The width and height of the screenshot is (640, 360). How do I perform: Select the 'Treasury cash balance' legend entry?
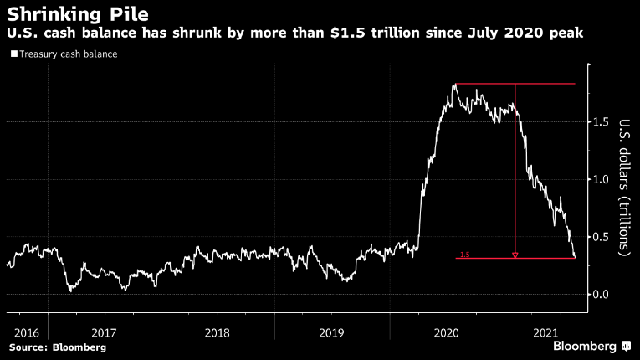click(x=68, y=54)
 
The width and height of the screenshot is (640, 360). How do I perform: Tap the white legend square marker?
click(x=13, y=54)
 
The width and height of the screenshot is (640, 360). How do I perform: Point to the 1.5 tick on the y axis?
click(x=602, y=122)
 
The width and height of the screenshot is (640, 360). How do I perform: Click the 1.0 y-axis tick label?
click(x=602, y=179)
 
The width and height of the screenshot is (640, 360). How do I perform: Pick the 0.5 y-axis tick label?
click(x=602, y=237)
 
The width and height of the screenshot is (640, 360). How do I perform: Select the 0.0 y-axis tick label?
click(x=602, y=294)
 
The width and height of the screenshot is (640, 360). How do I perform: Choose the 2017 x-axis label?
click(x=104, y=332)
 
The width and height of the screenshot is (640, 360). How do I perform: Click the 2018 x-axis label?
click(x=218, y=332)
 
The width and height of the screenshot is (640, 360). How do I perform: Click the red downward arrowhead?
click(x=515, y=255)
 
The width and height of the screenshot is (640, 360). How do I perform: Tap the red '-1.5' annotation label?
click(x=463, y=255)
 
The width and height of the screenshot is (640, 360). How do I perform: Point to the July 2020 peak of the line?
click(x=454, y=84)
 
